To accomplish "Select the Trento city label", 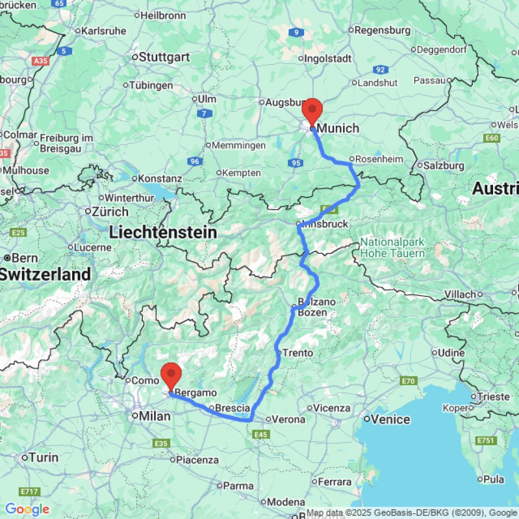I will (x=297, y=353).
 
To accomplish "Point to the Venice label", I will (x=390, y=419).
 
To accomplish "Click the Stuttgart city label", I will (x=164, y=57).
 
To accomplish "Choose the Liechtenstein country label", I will (x=163, y=233).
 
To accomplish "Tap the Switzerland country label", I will (x=46, y=274).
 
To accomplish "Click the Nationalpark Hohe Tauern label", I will (x=393, y=248).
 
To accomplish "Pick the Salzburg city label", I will (x=444, y=166).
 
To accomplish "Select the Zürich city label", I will (x=110, y=212).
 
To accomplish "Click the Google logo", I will (x=27, y=510).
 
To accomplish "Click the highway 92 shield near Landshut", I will (x=380, y=70).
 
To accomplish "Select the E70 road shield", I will (x=409, y=381).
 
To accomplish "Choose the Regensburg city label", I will (x=378, y=31).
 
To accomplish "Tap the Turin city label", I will (x=44, y=458).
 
